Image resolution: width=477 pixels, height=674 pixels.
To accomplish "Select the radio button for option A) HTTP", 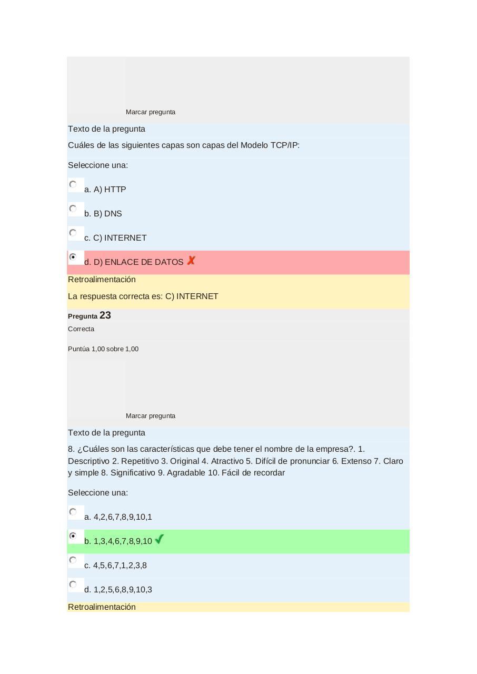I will (73, 184).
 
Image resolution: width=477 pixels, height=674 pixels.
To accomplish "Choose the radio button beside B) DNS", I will (73, 209).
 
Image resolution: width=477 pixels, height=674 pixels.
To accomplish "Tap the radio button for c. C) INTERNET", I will (73, 233).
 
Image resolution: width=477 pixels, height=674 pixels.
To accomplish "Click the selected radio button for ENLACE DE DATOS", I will (73, 257).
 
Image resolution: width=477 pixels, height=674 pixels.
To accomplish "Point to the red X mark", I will (191, 261).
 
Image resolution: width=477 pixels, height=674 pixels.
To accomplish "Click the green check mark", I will (160, 539).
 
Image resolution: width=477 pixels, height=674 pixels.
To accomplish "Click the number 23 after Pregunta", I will (105, 315).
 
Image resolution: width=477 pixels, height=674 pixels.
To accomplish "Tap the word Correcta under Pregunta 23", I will (81, 329).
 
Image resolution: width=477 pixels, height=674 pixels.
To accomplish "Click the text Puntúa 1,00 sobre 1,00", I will (103, 349).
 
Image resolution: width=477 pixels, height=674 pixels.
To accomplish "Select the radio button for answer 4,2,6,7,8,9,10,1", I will (73, 512).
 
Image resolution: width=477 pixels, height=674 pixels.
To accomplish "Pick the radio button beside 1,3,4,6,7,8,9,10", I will (73, 536).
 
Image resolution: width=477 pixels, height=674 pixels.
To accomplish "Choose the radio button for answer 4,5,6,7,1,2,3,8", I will (73, 560).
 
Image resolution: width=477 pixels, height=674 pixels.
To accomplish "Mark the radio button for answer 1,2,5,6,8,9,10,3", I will (73, 584).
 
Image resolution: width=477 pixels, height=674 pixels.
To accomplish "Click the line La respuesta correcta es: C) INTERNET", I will (143, 296).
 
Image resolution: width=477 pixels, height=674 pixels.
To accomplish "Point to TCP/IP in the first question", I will (284, 145).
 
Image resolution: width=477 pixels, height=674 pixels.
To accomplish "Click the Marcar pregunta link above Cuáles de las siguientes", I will (151, 112).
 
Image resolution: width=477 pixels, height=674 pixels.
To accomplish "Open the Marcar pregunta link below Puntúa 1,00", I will (151, 416).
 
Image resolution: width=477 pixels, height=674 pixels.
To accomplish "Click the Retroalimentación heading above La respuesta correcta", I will (102, 280).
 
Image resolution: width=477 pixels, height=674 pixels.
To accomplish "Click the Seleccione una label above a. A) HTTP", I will (98, 165).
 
